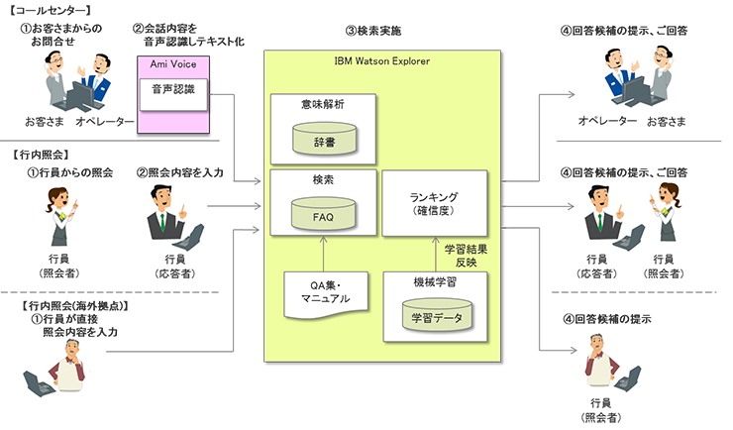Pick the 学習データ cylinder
[437, 316]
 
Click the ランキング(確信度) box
[437, 202]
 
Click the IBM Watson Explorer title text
[379, 63]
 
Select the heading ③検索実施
[373, 32]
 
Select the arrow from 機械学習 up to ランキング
[437, 253]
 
